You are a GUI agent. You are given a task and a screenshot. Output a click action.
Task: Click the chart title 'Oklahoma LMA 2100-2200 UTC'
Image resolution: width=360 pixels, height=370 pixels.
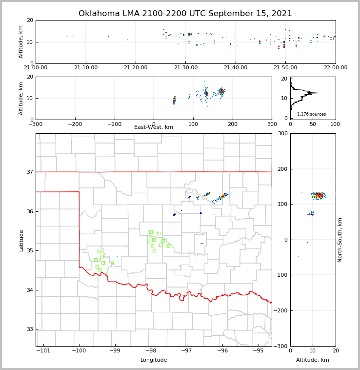185,14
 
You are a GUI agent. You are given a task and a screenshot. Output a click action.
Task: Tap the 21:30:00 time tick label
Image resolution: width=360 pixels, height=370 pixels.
185,68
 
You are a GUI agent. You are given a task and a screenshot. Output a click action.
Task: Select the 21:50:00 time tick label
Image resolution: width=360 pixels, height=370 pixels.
285,68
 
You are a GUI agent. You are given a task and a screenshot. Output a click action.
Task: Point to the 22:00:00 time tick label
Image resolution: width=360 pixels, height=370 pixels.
335,68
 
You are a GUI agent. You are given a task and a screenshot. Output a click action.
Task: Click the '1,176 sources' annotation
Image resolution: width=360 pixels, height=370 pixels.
311,114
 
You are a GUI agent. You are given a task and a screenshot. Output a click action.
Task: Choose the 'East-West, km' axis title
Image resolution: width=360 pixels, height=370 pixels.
154,127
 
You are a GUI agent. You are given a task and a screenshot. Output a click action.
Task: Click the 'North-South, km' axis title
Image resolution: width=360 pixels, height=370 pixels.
340,240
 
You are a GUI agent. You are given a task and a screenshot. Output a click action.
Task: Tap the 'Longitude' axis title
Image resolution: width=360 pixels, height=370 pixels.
154,360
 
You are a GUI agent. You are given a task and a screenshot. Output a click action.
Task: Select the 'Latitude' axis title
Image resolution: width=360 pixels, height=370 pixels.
21,240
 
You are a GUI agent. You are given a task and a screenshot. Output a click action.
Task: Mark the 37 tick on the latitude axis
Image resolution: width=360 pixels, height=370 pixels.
29,172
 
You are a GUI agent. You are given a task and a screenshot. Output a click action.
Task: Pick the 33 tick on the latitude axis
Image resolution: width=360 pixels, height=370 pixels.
29,329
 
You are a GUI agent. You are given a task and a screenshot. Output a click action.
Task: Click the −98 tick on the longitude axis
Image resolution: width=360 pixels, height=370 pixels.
151,351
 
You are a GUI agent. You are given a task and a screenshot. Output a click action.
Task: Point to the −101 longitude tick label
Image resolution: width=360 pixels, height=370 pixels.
43,351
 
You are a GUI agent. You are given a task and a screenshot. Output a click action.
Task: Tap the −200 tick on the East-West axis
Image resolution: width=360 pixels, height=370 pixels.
75,124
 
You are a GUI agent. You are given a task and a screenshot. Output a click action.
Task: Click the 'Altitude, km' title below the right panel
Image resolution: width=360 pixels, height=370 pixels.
313,360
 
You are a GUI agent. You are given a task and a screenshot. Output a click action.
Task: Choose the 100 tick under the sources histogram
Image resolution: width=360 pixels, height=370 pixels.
336,124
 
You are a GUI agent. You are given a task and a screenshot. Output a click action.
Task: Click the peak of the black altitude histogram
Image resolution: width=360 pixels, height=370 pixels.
317,93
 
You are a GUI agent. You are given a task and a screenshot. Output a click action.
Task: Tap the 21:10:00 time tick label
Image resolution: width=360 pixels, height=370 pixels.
85,68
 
